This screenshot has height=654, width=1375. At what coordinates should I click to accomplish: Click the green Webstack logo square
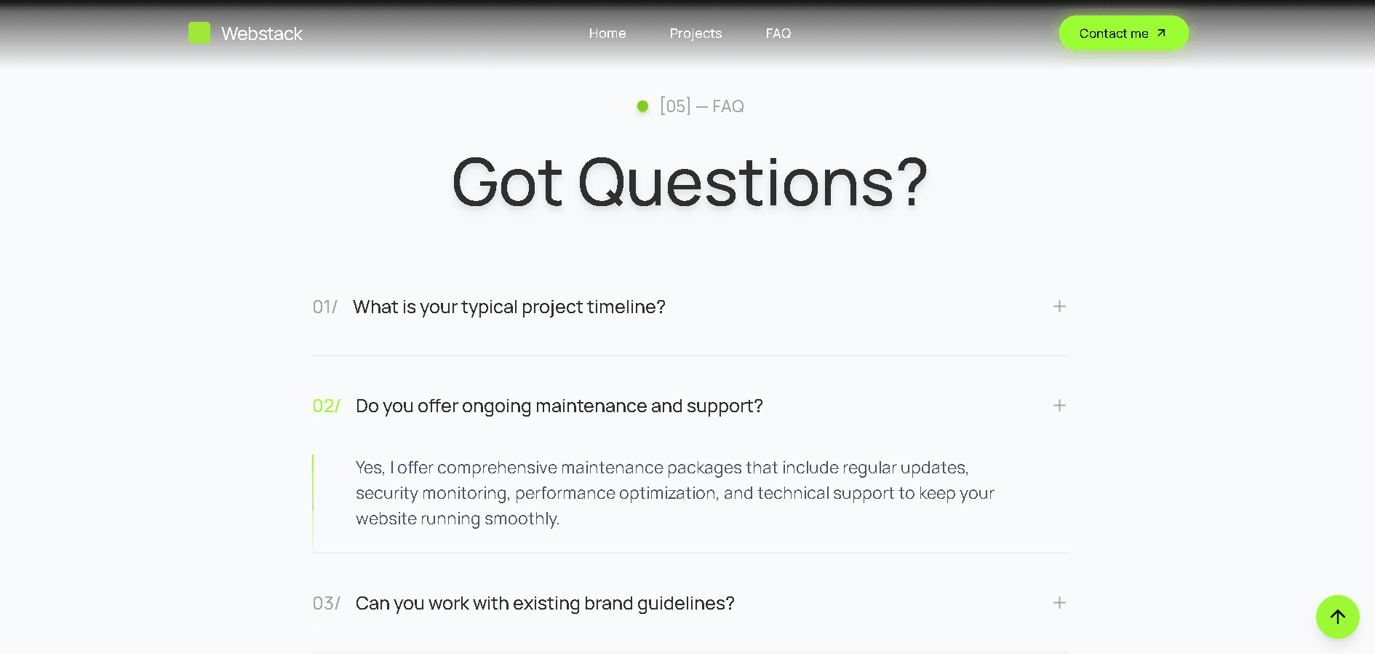[199, 33]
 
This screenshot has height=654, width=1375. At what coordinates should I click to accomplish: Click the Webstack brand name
[262, 34]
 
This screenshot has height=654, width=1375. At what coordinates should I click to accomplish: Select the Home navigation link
[607, 34]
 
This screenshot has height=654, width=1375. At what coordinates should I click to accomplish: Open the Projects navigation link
[696, 34]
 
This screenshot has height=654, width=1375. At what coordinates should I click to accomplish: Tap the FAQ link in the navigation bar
[778, 34]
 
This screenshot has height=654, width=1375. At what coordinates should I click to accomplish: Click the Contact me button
[1124, 34]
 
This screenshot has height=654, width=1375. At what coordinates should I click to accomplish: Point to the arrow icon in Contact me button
[1162, 33]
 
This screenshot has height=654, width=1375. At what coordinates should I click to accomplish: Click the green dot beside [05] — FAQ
[642, 106]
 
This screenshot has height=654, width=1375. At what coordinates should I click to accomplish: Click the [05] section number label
[675, 106]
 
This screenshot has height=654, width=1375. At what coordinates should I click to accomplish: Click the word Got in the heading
[507, 183]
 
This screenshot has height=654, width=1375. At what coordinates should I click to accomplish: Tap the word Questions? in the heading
[753, 183]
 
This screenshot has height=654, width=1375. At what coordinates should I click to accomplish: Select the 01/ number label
[325, 307]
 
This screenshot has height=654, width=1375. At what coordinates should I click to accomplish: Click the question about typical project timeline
[509, 307]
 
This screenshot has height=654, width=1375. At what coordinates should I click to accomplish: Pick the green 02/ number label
[327, 406]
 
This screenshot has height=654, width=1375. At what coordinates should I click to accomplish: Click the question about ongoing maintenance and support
[559, 406]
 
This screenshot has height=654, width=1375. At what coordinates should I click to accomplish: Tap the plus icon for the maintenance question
[1059, 406]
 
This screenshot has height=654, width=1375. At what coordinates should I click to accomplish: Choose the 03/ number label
[327, 604]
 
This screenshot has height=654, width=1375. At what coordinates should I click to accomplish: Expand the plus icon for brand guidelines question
[1059, 603]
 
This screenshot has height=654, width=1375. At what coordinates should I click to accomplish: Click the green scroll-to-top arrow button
[1338, 617]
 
